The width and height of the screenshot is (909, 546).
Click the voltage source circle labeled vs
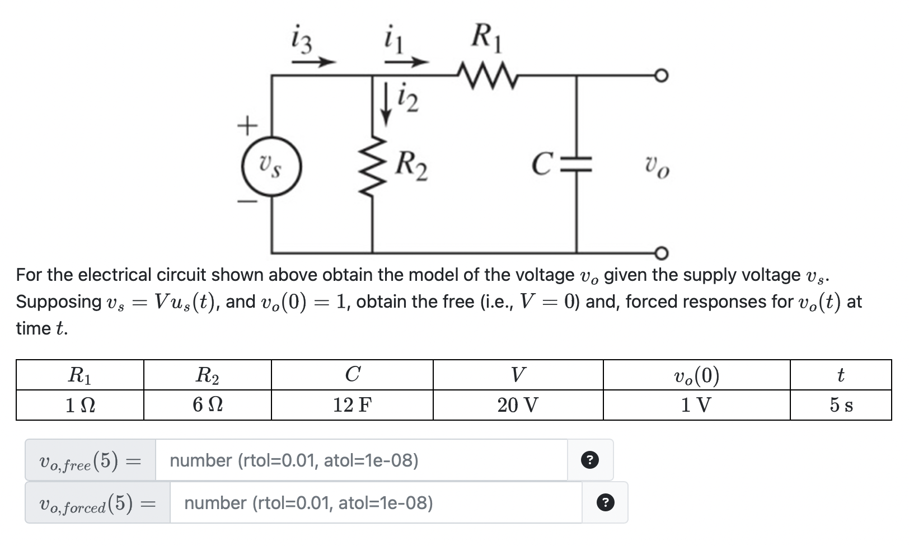(x=271, y=167)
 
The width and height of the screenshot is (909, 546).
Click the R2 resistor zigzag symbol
(x=372, y=167)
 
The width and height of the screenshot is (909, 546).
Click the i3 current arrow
(x=313, y=62)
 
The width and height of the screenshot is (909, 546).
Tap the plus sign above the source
(x=247, y=125)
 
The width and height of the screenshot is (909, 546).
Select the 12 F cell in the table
(x=352, y=404)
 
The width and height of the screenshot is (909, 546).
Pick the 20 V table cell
(x=518, y=404)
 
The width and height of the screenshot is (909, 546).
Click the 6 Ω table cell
(x=207, y=404)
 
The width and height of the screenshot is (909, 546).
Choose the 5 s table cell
(x=841, y=404)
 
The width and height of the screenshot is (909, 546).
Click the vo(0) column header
(x=696, y=375)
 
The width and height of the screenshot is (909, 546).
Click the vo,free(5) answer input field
(x=361, y=460)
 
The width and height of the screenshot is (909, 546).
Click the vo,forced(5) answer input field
(x=375, y=503)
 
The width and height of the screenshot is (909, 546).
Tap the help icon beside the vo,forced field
(x=604, y=503)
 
